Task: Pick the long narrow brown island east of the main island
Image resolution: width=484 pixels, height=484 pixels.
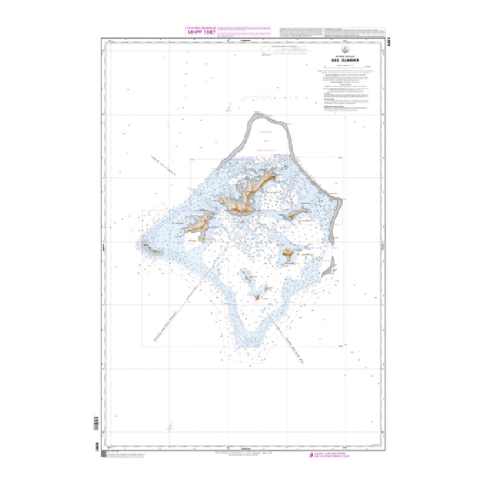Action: tap(295, 213)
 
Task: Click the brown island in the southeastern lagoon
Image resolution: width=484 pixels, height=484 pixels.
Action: tap(288, 255)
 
